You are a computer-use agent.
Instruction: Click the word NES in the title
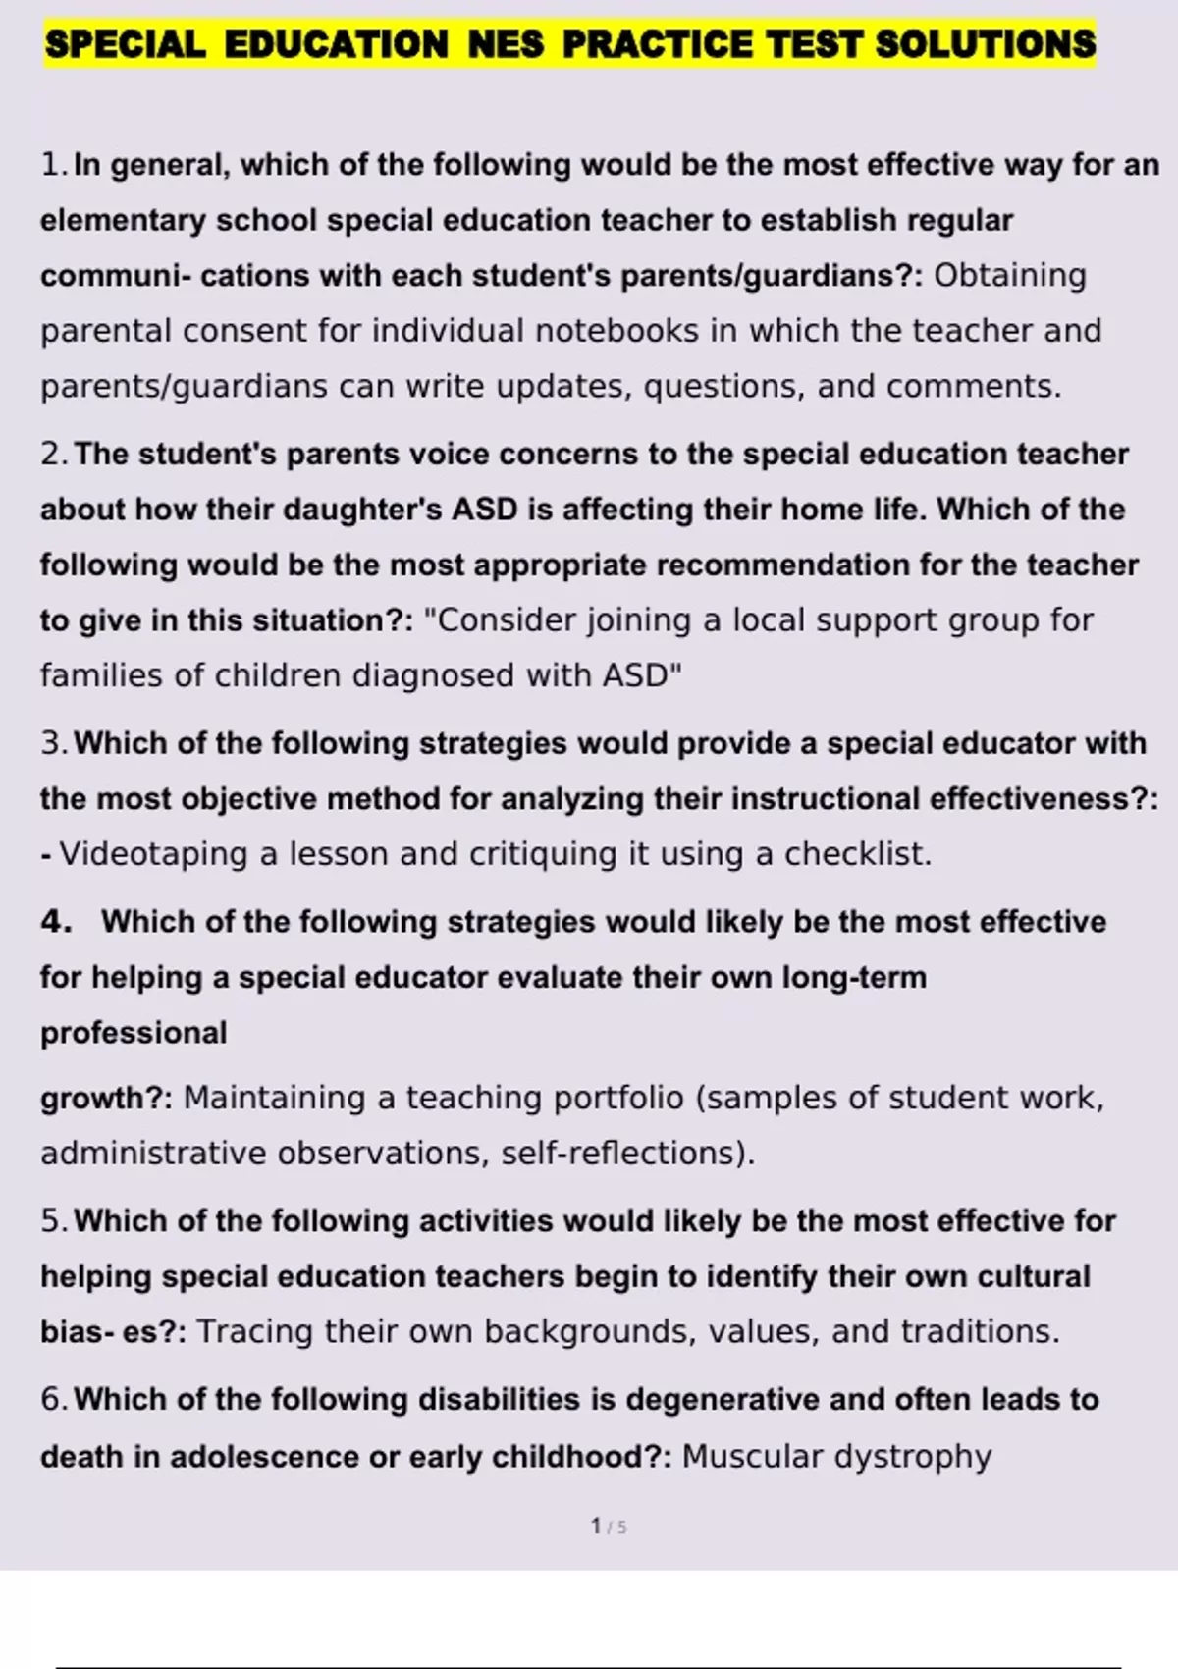(506, 44)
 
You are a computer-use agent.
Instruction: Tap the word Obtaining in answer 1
(1009, 276)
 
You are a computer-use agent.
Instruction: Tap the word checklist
(856, 854)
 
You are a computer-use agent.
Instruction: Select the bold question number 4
(56, 922)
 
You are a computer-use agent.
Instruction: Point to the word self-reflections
(627, 1153)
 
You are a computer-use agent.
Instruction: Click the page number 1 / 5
(609, 1526)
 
